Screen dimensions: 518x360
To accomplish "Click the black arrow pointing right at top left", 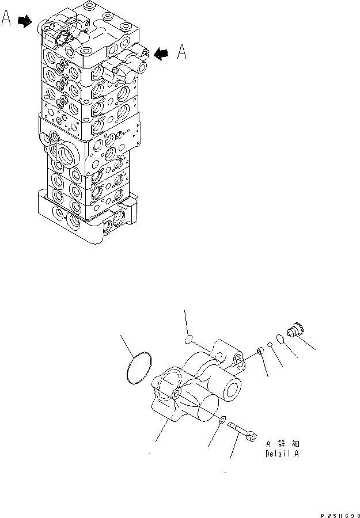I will pyautogui.click(x=24, y=22).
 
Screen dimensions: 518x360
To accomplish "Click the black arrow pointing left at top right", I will pyautogui.click(x=162, y=54).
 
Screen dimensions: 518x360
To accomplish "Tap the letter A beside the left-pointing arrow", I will pyautogui.click(x=181, y=53).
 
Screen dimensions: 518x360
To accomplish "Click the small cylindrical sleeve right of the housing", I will pyautogui.click(x=260, y=351).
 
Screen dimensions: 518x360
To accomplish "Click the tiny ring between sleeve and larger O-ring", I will pyautogui.click(x=270, y=345).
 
